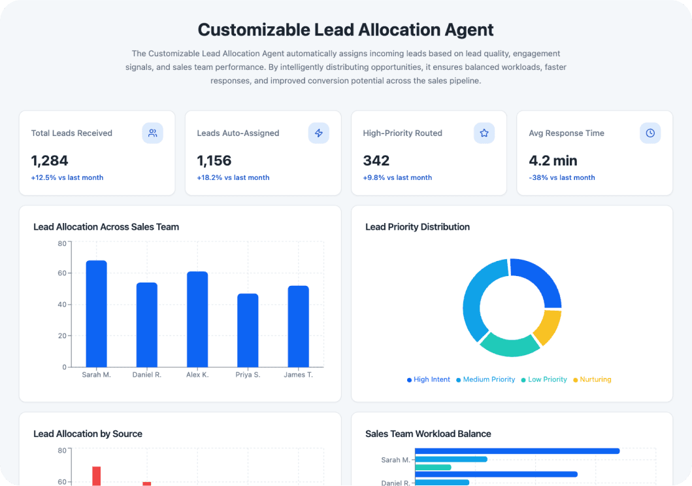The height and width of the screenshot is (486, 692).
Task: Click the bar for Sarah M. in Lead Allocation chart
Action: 96,314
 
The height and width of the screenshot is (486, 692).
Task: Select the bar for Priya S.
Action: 248,330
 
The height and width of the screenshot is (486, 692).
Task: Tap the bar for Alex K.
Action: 197,319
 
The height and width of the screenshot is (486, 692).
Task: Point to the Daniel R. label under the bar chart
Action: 147,375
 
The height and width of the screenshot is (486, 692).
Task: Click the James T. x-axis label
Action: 298,375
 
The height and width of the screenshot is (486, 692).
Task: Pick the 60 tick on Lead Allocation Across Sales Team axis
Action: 61,273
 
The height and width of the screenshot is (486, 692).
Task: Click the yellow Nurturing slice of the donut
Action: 548,327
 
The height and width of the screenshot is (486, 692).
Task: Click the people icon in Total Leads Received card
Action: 152,133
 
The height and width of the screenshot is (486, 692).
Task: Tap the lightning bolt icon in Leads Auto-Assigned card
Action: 319,133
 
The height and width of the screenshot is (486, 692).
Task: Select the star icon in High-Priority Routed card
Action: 484,133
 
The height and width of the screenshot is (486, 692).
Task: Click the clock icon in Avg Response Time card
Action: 650,133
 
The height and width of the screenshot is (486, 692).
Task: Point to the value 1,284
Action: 50,160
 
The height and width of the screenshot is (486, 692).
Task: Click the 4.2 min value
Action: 553,160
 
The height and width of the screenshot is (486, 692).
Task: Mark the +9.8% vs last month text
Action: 397,178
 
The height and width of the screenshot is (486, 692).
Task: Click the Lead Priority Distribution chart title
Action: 417,227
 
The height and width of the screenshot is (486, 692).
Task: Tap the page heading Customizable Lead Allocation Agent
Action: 346,29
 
